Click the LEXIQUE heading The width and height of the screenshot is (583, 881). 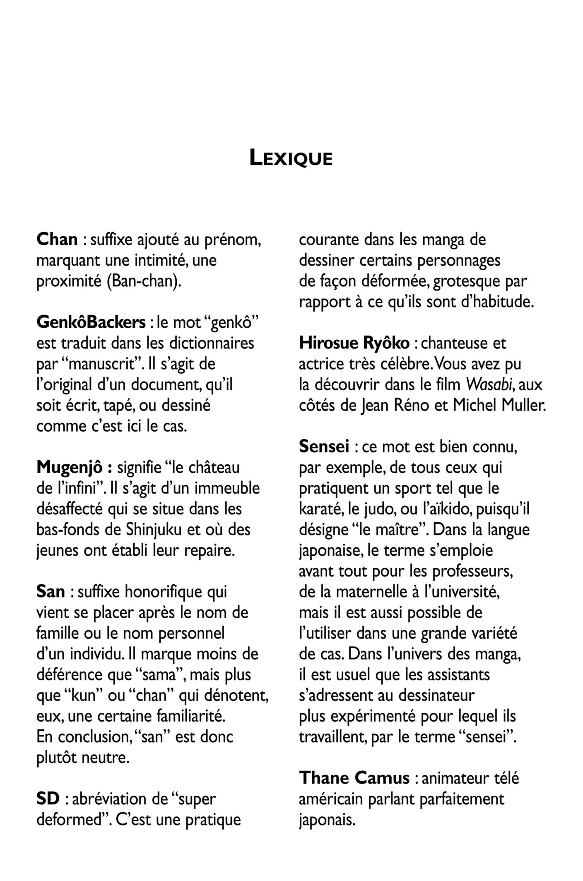coord(291,158)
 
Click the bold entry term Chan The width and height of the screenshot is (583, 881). coord(57,240)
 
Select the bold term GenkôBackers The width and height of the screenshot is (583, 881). coord(91,322)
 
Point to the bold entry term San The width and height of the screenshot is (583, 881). coord(51,592)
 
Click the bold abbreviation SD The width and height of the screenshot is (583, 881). coord(48,799)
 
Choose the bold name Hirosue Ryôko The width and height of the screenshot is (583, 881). coord(354,343)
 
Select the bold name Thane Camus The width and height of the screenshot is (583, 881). coord(354,778)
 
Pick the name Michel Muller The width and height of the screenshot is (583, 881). coord(499,405)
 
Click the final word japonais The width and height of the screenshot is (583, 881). coord(327,820)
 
